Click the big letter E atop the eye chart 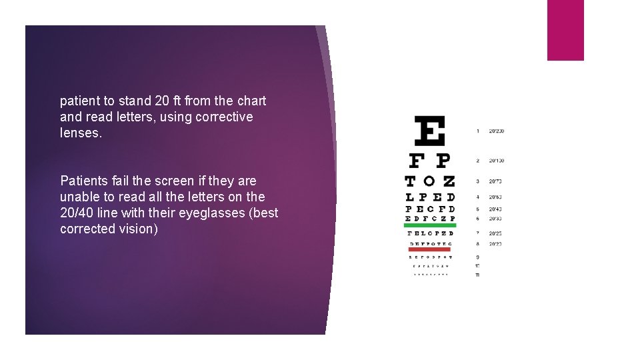pyautogui.click(x=429, y=131)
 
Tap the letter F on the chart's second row pyautogui.click(x=417, y=161)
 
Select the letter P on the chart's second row pyautogui.click(x=442, y=161)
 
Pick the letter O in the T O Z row pyautogui.click(x=430, y=181)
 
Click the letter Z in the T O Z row pyautogui.click(x=449, y=181)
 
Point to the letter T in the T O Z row pyautogui.click(x=411, y=181)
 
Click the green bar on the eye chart pyautogui.click(x=430, y=225)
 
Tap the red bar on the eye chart pyautogui.click(x=430, y=249)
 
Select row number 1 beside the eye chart pyautogui.click(x=477, y=131)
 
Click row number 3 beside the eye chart pyautogui.click(x=477, y=181)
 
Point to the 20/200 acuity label pyautogui.click(x=496, y=131)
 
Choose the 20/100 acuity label pyautogui.click(x=496, y=161)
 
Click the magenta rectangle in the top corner pyautogui.click(x=565, y=30)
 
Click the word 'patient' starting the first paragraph pyautogui.click(x=80, y=101)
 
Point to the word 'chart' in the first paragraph pyautogui.click(x=251, y=101)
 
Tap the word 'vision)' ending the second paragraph pyautogui.click(x=139, y=229)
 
